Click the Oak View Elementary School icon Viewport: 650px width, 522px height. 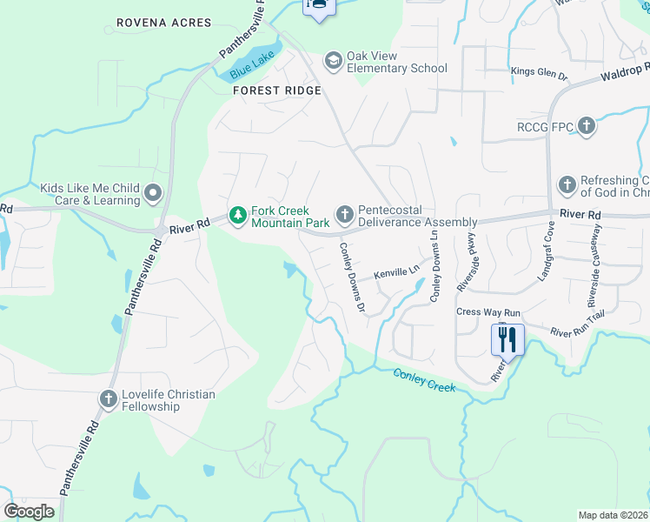pyautogui.click(x=333, y=61)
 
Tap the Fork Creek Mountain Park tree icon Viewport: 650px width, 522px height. pyautogui.click(x=236, y=214)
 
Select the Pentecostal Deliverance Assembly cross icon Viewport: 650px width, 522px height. pyautogui.click(x=344, y=214)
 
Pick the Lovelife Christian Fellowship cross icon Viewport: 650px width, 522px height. pyautogui.click(x=108, y=399)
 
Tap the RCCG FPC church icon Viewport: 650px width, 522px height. pyautogui.click(x=587, y=127)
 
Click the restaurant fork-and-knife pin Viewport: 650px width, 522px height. pyautogui.click(x=507, y=338)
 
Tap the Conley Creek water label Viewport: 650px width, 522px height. pyautogui.click(x=424, y=380)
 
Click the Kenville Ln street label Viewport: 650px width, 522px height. pyautogui.click(x=397, y=272)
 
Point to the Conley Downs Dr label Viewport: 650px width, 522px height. pyautogui.click(x=350, y=273)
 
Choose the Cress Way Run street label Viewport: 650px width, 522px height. pyautogui.click(x=487, y=311)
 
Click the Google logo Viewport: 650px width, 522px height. pyautogui.click(x=29, y=511)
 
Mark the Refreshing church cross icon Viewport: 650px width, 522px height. pyautogui.click(x=567, y=184)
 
